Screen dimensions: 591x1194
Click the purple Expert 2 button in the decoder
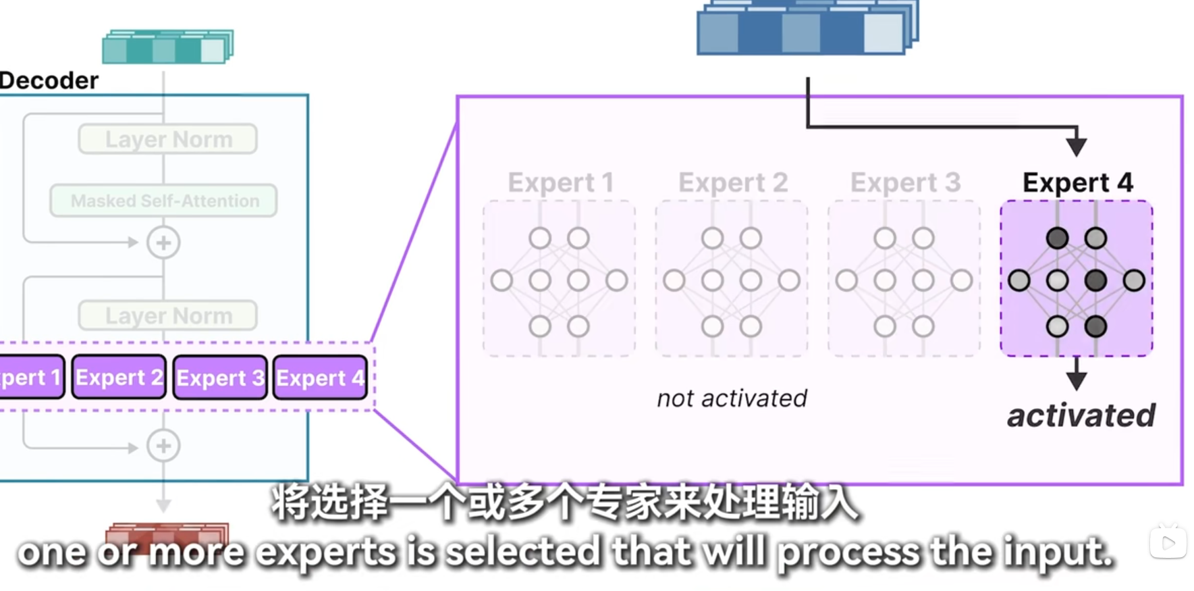click(119, 377)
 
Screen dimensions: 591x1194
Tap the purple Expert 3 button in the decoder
click(220, 378)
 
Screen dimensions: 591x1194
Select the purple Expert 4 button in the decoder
click(320, 378)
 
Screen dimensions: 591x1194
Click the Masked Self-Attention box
click(164, 201)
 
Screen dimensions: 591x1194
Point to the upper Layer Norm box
click(168, 139)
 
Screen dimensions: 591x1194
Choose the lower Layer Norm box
click(168, 315)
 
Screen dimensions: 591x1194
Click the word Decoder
click(49, 80)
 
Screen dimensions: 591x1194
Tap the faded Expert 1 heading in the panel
click(560, 182)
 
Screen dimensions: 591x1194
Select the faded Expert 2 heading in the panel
click(733, 182)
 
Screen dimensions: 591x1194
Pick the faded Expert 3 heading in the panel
click(905, 182)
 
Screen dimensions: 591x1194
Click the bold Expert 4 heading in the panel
click(1077, 182)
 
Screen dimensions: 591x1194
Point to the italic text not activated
click(732, 399)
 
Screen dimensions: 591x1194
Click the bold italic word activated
click(1081, 415)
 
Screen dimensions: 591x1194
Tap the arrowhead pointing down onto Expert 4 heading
click(1077, 146)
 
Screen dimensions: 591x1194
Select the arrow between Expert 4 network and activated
click(1077, 374)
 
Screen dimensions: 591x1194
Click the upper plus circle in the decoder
click(163, 242)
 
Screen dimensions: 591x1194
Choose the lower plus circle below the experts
click(163, 446)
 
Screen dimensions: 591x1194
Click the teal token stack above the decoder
click(167, 47)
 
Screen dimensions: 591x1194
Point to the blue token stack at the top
click(807, 28)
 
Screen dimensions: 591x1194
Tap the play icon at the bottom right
click(1168, 542)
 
